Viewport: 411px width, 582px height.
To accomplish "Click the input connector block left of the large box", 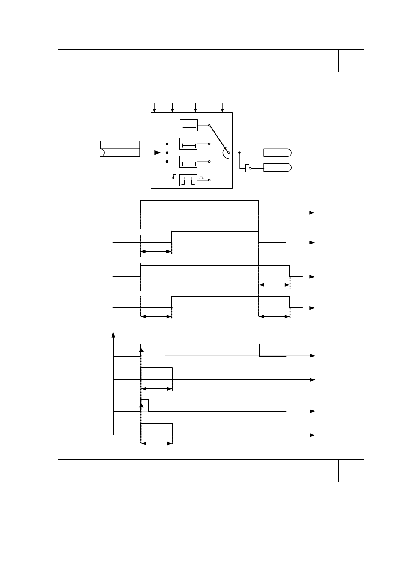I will point(120,149).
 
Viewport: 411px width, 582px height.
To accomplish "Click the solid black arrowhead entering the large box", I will point(157,153).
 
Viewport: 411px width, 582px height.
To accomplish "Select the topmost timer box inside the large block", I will point(188,125).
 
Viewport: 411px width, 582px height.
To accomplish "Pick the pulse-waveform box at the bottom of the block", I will point(188,180).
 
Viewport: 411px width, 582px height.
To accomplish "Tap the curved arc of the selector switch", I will point(224,153).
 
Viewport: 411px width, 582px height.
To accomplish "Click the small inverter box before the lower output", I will point(247,168).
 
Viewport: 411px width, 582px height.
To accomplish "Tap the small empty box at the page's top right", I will point(351,61).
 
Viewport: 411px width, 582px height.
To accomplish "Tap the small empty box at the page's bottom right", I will point(351,471).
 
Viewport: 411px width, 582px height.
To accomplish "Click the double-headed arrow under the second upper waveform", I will point(156,251).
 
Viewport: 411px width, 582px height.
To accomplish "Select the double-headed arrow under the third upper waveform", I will point(274,285).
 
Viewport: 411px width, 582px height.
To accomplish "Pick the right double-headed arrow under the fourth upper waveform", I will point(274,316).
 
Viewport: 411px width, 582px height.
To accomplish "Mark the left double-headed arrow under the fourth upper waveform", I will point(156,316).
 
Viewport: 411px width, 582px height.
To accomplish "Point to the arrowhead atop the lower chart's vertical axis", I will point(113,335).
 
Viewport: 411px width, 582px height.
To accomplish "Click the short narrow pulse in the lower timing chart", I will point(145,405).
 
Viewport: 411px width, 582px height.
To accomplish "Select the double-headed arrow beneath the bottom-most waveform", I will point(156,443).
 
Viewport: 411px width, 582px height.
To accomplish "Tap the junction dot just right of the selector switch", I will point(239,153).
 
